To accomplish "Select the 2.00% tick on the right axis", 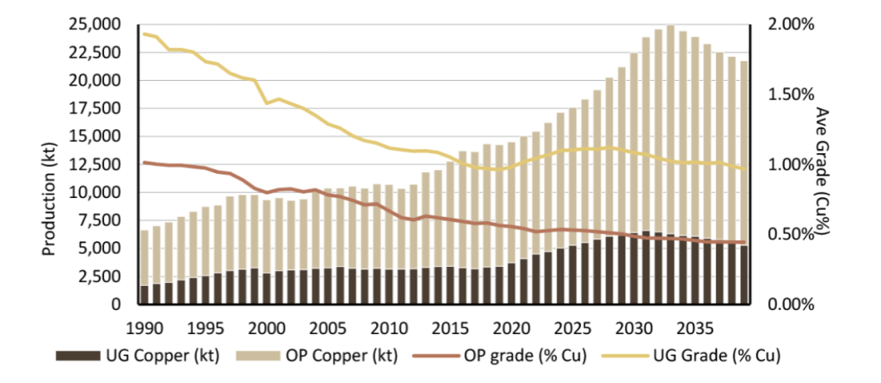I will point(790,24).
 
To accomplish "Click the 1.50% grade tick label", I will point(790,94).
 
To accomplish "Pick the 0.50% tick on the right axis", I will point(790,234).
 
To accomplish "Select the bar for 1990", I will point(144,267).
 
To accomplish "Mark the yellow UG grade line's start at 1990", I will point(144,34).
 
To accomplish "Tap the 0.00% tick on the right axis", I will point(790,305).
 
